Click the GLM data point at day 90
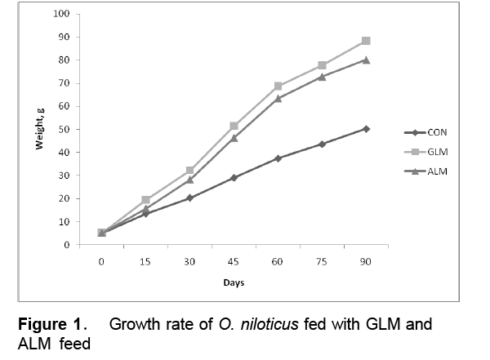[x=366, y=41]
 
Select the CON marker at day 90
[x=366, y=128]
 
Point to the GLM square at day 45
[x=234, y=126]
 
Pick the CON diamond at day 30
[x=189, y=198]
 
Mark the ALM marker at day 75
[x=322, y=77]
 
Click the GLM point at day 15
[x=145, y=199]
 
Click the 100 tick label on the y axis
[x=60, y=14]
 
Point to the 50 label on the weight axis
[x=63, y=129]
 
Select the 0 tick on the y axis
[x=65, y=244]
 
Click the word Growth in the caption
[x=134, y=324]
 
